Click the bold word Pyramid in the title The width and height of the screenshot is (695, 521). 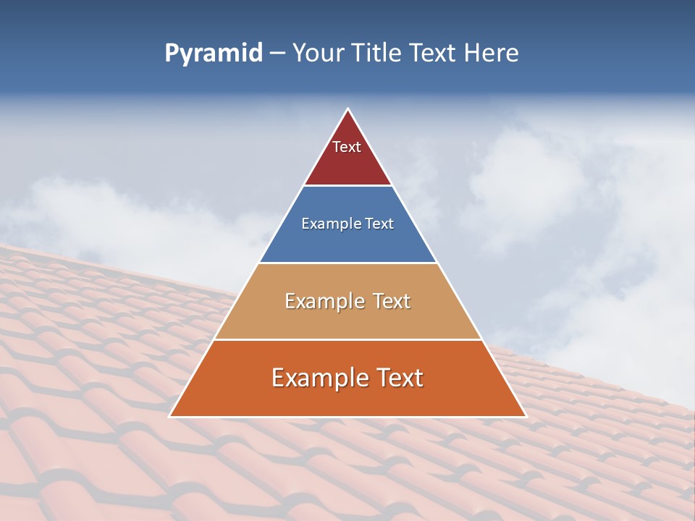point(214,54)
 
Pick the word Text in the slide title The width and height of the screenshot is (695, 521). point(434,54)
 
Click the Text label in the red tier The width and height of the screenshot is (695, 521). point(347,147)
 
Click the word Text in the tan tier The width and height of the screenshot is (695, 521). point(392,301)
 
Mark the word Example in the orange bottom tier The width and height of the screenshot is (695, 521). point(319,378)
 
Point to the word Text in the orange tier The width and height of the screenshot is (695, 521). point(399,378)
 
